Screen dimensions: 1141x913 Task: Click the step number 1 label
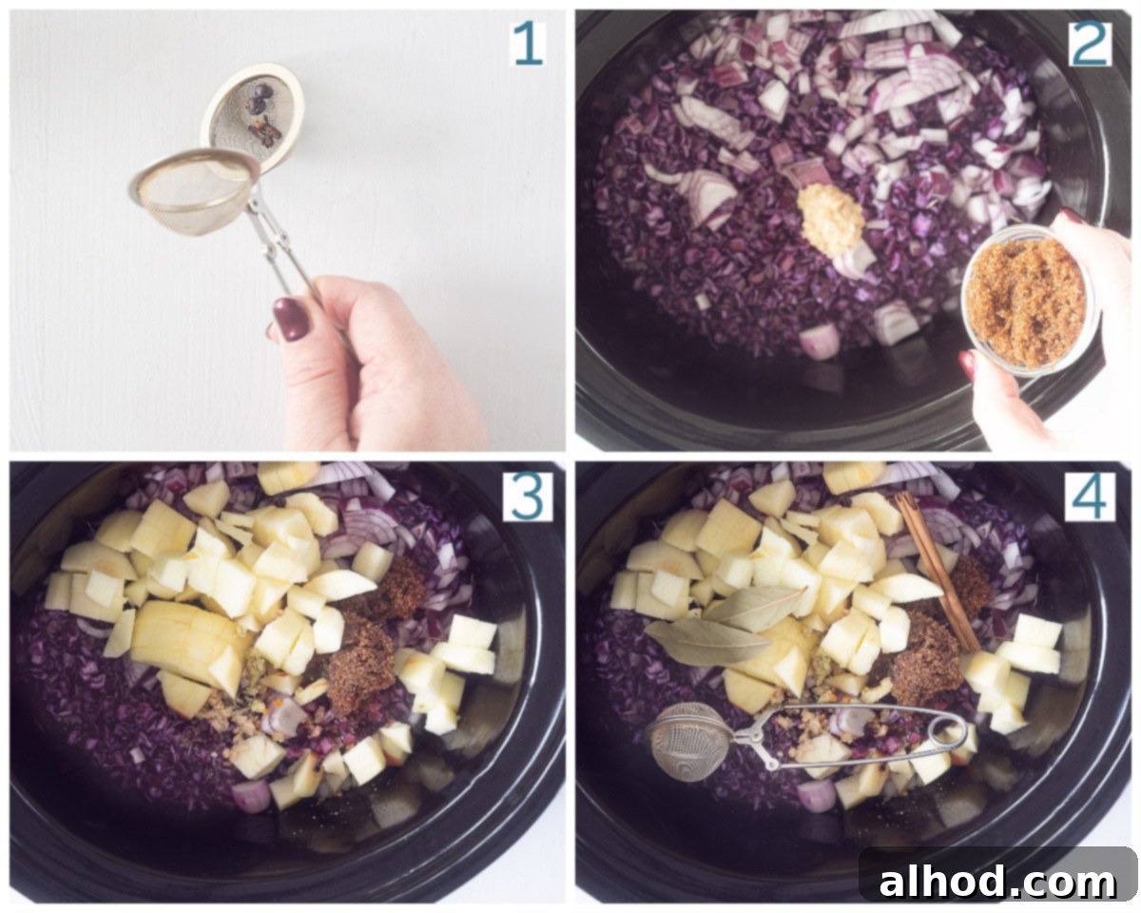tap(528, 45)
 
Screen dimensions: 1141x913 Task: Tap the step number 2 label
tap(1089, 45)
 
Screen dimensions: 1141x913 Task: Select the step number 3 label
tap(527, 495)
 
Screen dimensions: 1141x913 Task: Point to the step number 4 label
tap(1090, 495)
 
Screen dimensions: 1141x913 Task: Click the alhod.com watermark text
tap(997, 882)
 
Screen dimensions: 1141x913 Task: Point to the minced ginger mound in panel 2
tap(831, 220)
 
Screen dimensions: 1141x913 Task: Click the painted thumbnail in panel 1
tap(291, 319)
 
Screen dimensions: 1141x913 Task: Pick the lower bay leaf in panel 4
tap(707, 641)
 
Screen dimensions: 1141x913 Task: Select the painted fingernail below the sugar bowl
tap(967, 364)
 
